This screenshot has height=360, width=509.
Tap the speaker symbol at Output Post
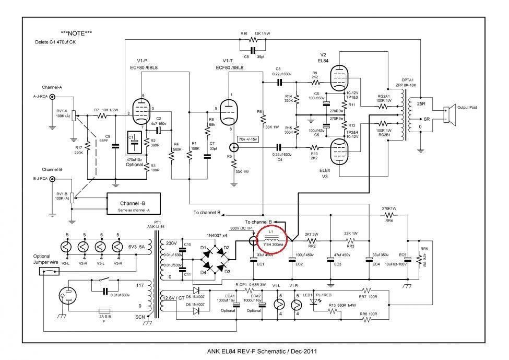click(x=447, y=111)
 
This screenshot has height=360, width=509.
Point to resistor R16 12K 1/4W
click(x=254, y=40)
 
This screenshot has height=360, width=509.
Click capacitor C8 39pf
click(x=254, y=51)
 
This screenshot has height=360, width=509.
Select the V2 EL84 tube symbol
click(x=339, y=76)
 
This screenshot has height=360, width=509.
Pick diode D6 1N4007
click(x=196, y=311)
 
